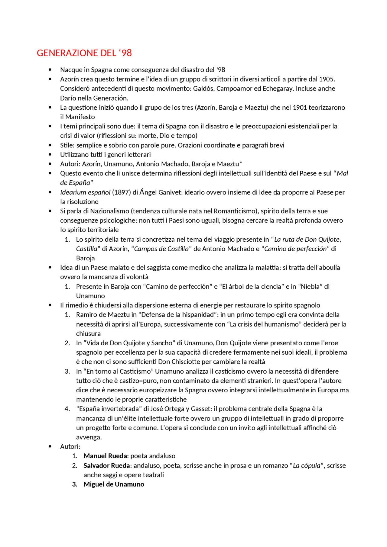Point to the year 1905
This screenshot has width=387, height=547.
click(327, 79)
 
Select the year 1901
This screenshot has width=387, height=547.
click(300, 108)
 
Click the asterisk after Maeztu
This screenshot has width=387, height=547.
click(241, 163)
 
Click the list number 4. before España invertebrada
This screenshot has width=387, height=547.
click(67, 409)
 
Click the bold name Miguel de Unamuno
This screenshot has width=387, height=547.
click(114, 484)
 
